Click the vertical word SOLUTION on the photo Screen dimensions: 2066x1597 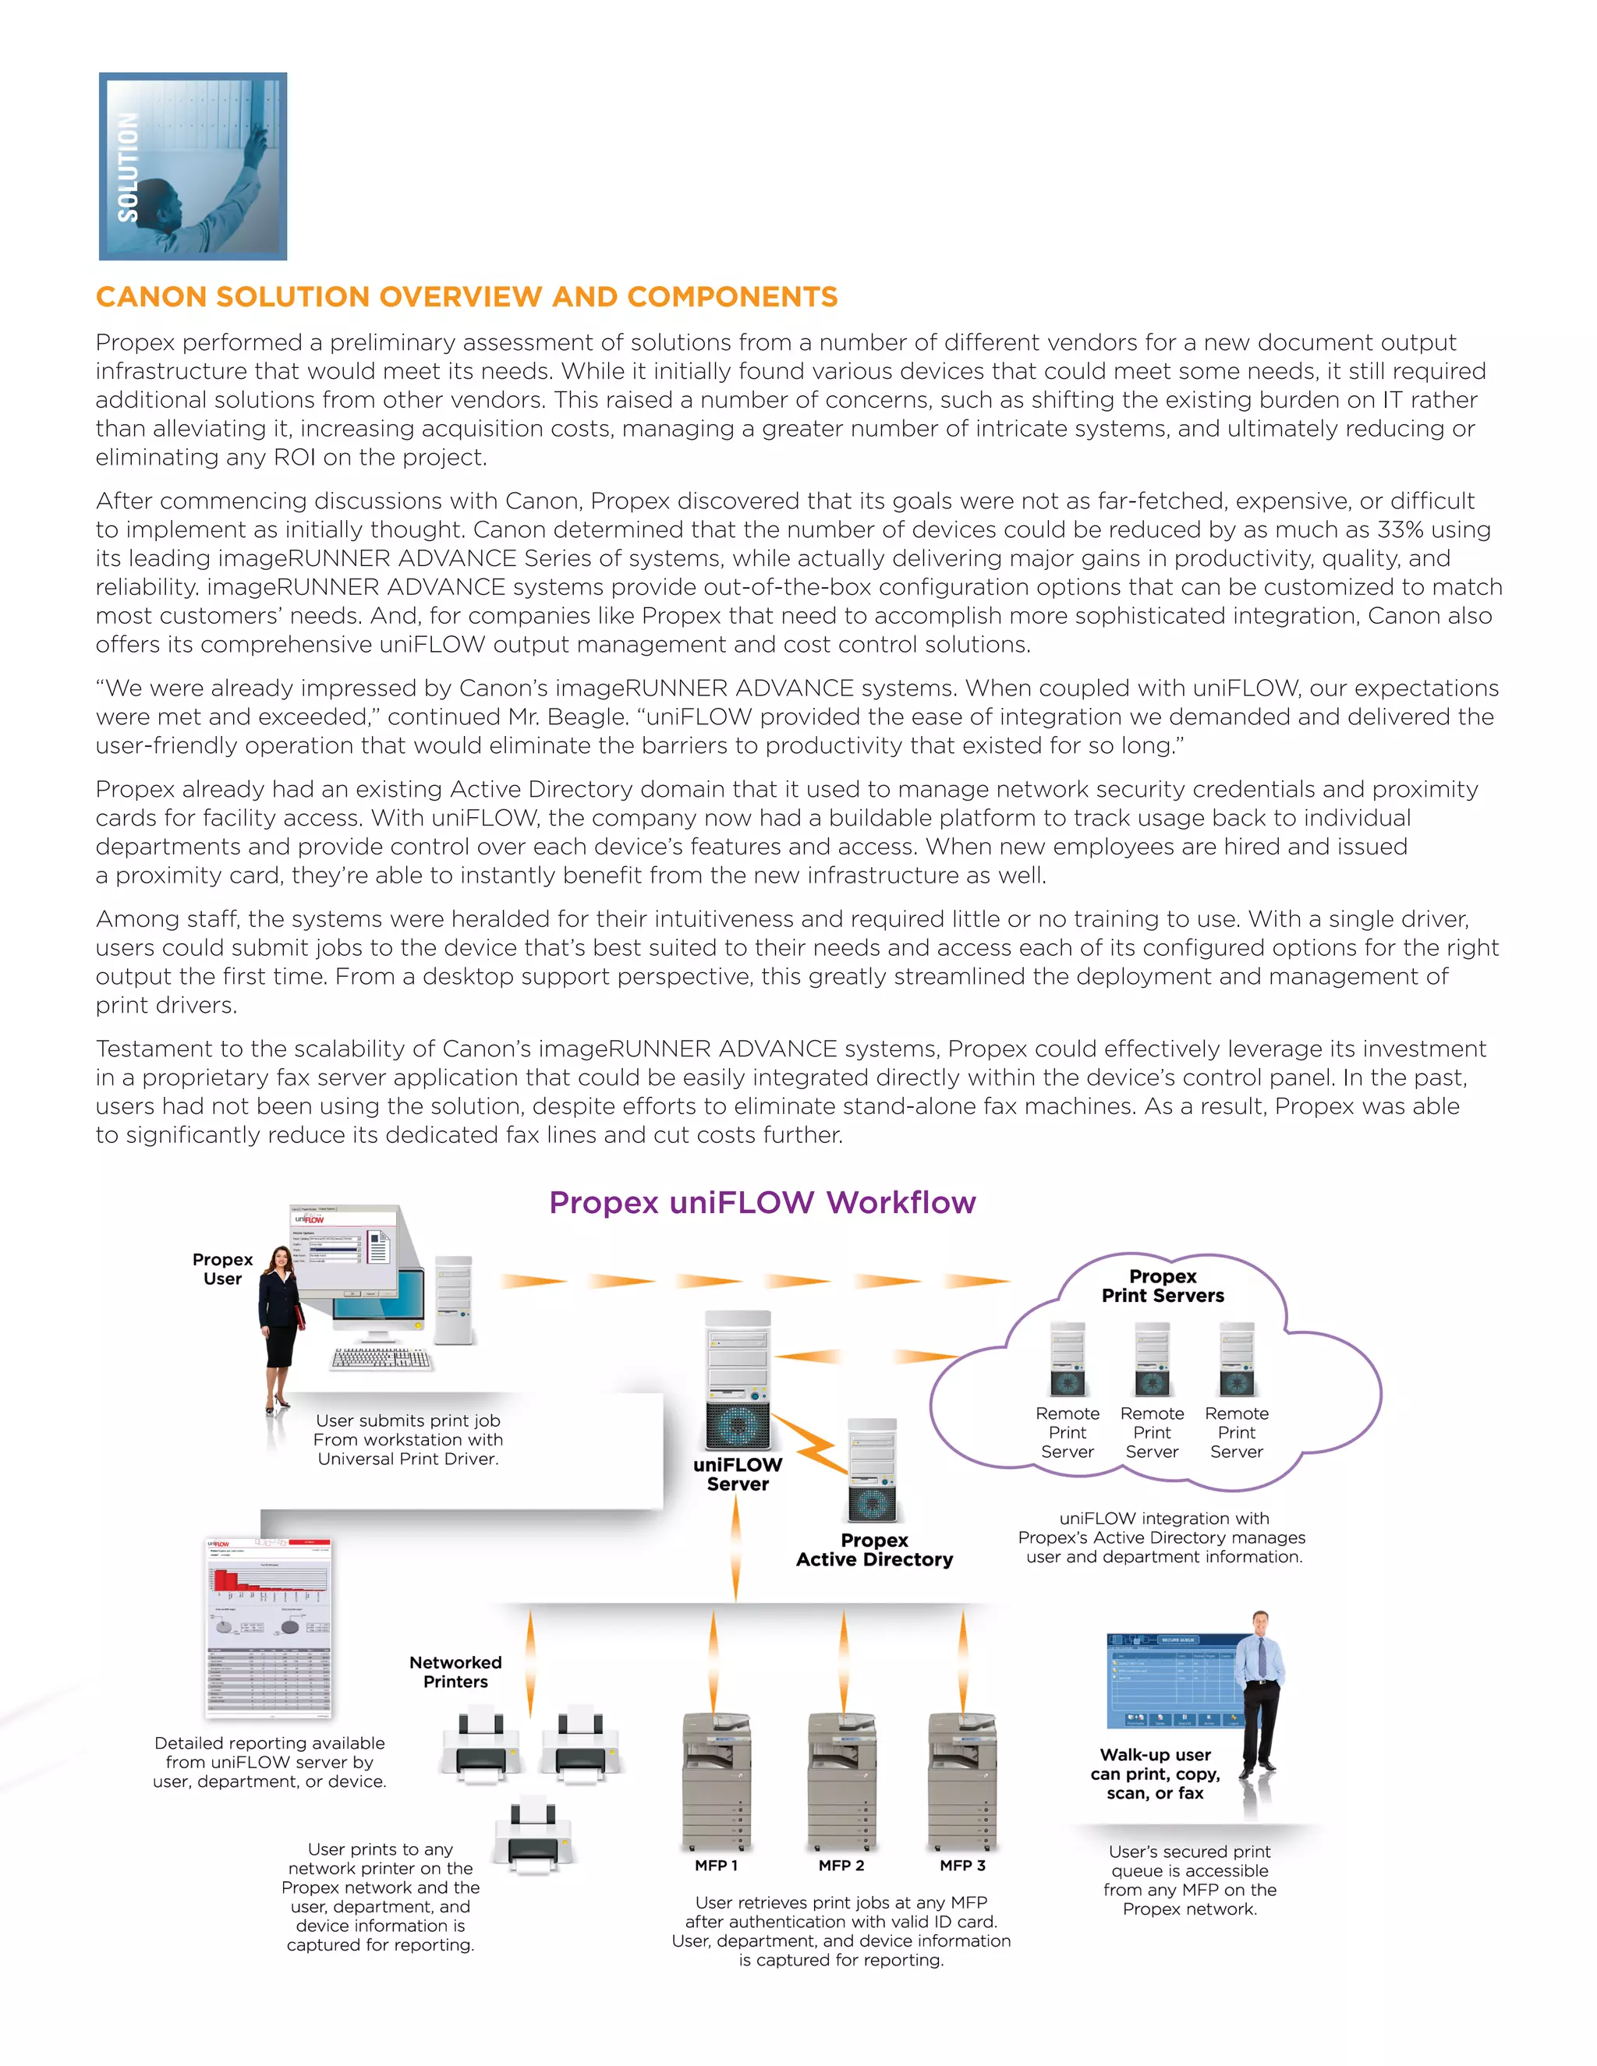(128, 168)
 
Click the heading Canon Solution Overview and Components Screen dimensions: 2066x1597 (466, 297)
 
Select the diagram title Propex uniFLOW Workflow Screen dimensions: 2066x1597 (762, 1202)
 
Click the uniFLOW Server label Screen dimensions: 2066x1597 (737, 1473)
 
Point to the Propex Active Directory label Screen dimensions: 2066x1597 (873, 1550)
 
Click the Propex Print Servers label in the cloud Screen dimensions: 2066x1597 (1162, 1286)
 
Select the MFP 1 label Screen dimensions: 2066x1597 (715, 1866)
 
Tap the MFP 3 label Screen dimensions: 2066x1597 (962, 1866)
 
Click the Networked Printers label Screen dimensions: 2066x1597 (455, 1672)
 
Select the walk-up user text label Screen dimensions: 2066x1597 (1154, 1774)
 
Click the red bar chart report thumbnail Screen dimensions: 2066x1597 (269, 1627)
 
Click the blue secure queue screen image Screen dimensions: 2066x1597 (1171, 1681)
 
